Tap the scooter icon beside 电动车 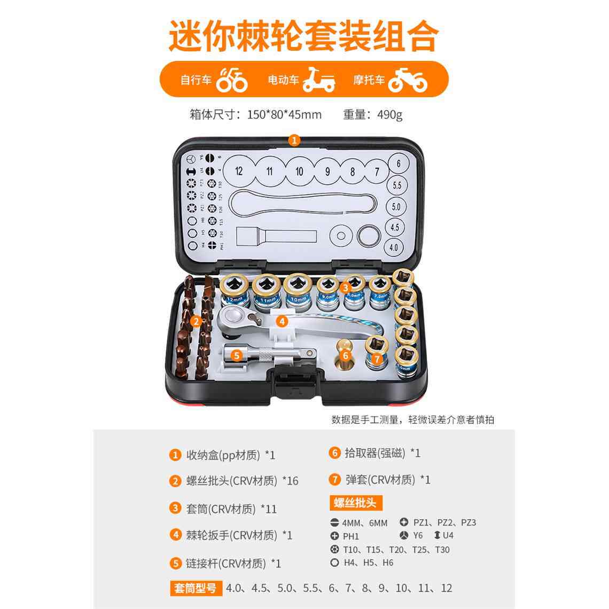tap(319, 80)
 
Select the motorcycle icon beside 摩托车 tap(407, 80)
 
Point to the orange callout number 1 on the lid tap(294, 140)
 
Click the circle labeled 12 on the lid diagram tap(239, 171)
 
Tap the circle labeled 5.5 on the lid tap(396, 185)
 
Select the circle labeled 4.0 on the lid tap(394, 247)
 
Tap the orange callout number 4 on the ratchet tap(282, 321)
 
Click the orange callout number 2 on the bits tap(196, 321)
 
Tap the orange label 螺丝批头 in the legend tap(355, 503)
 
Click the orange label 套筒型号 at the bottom tap(196, 588)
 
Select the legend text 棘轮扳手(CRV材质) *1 tap(239, 535)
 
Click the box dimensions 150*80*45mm tap(284, 114)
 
